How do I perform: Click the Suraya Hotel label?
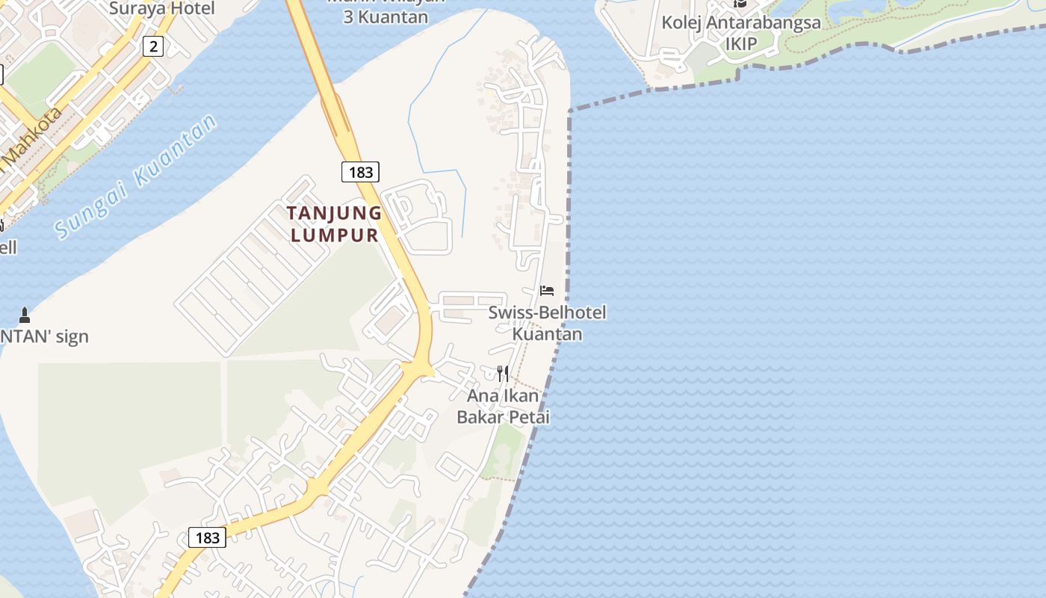[161, 9]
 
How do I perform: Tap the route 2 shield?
[152, 46]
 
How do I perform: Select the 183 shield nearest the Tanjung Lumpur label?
[360, 172]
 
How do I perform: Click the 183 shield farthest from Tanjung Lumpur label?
[207, 537]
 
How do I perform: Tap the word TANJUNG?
[334, 213]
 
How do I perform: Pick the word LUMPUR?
[334, 235]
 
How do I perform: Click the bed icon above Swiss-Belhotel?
[548, 290]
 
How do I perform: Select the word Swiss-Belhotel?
[547, 312]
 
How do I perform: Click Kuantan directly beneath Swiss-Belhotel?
[547, 333]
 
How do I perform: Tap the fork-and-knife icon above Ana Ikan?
[503, 372]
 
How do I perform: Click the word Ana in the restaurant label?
[481, 395]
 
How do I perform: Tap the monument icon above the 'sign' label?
[24, 315]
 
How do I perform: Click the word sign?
[72, 336]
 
